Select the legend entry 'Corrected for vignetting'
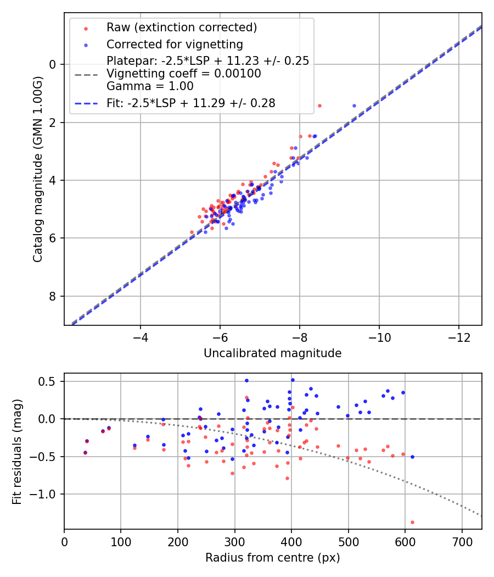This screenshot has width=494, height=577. [175, 44]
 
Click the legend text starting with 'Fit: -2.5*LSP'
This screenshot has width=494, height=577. [191, 103]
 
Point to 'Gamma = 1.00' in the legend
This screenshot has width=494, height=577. [150, 86]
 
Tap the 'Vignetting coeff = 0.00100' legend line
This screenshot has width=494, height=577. [184, 73]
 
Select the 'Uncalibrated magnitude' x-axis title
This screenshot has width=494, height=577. [272, 353]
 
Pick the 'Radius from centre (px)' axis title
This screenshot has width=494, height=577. [272, 558]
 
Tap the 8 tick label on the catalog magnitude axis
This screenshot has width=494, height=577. [53, 297]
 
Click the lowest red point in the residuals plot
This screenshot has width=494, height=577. [412, 522]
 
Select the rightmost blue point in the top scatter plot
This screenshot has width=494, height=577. [354, 106]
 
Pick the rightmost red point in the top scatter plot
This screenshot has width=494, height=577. [319, 106]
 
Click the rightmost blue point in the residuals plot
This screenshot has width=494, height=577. [412, 457]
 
